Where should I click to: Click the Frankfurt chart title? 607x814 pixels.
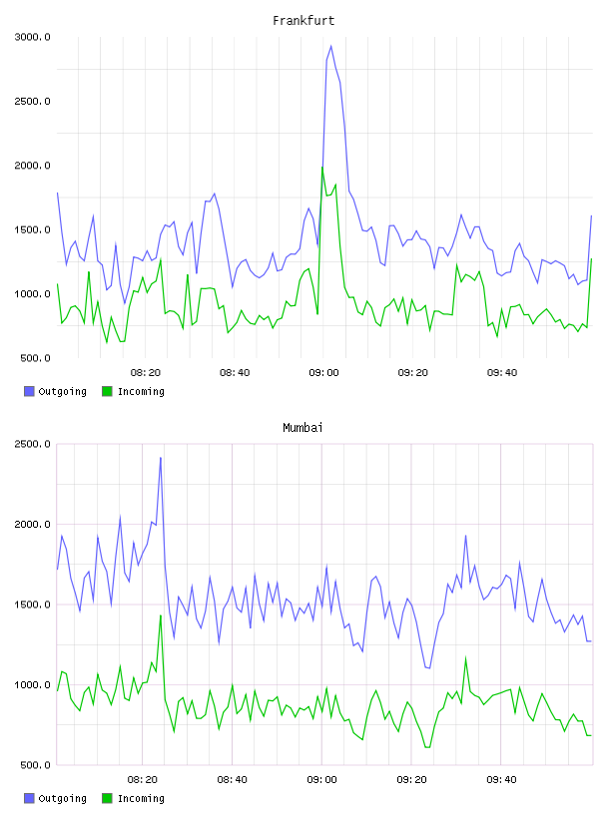tap(303, 21)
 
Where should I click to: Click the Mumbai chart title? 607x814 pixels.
tap(303, 428)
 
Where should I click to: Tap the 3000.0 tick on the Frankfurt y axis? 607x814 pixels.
tap(32, 37)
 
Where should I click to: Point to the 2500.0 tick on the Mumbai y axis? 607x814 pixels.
tap(32, 444)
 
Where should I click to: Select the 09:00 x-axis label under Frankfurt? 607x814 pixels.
tap(323, 372)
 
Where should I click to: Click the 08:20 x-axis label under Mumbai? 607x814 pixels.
tap(143, 779)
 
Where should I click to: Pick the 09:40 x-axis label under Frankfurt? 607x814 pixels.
tap(502, 372)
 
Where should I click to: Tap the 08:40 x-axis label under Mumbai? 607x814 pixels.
tap(233, 779)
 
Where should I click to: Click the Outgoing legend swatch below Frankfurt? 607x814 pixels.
tap(29, 391)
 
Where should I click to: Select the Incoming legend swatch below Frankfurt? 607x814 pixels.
tap(107, 391)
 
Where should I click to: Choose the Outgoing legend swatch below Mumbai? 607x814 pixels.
tap(29, 798)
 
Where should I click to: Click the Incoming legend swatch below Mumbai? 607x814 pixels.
tap(107, 798)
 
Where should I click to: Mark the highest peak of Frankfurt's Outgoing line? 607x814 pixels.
tap(331, 46)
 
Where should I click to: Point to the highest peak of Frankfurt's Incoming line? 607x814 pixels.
tap(322, 168)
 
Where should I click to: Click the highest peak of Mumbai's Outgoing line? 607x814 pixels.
tap(161, 458)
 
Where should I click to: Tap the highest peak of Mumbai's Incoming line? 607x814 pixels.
tap(161, 615)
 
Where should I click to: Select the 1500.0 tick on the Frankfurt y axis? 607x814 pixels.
tap(32, 230)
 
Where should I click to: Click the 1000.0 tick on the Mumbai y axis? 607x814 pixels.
tap(32, 684)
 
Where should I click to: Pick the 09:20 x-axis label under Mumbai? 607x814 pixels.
tap(412, 779)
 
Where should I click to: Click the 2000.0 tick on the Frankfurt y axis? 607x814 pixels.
tap(32, 166)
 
